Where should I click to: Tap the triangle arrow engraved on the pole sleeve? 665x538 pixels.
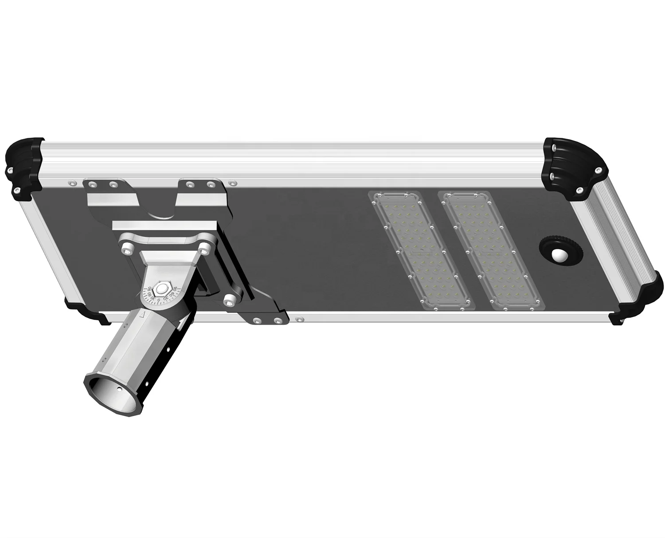(143, 316)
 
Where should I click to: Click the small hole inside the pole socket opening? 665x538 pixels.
(121, 389)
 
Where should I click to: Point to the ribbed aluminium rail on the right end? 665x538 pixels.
(616, 239)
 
